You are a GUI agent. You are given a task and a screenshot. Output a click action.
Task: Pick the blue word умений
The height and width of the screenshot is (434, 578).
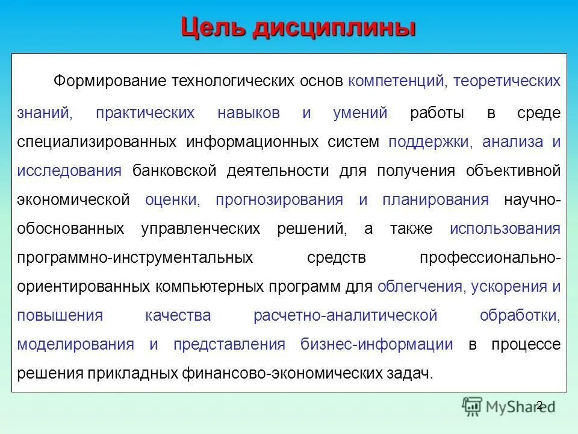click(x=360, y=113)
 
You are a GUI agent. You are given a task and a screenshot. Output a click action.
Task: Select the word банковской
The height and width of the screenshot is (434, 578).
click(x=175, y=171)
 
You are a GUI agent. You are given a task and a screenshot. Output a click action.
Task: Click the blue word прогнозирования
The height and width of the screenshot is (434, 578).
click(x=279, y=200)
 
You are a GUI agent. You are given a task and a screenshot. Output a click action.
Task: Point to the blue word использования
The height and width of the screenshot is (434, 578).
click(x=505, y=229)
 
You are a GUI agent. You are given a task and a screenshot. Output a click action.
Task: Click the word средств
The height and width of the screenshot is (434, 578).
click(x=336, y=258)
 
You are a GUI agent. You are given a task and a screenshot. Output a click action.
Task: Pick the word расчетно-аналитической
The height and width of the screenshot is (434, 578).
click(x=345, y=315)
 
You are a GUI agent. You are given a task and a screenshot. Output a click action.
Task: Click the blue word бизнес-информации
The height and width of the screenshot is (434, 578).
click(x=376, y=344)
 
